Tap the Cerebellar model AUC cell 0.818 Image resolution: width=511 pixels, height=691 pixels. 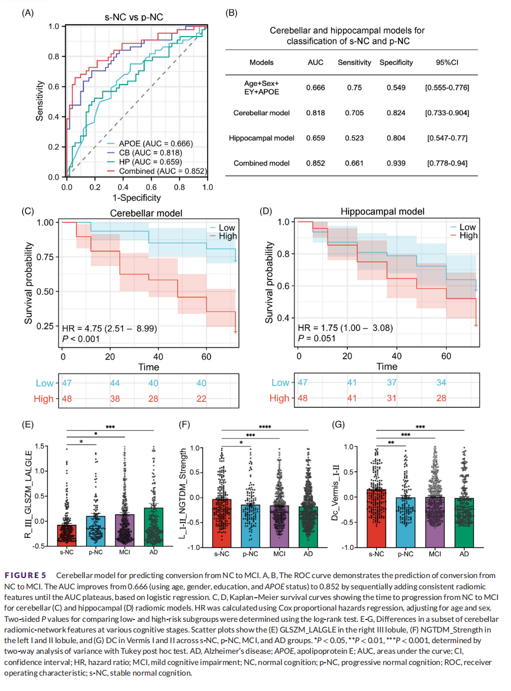pyautogui.click(x=315, y=112)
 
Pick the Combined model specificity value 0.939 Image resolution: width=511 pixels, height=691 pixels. pyautogui.click(x=391, y=163)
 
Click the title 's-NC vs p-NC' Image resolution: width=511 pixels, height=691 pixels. pyautogui.click(x=136, y=17)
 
